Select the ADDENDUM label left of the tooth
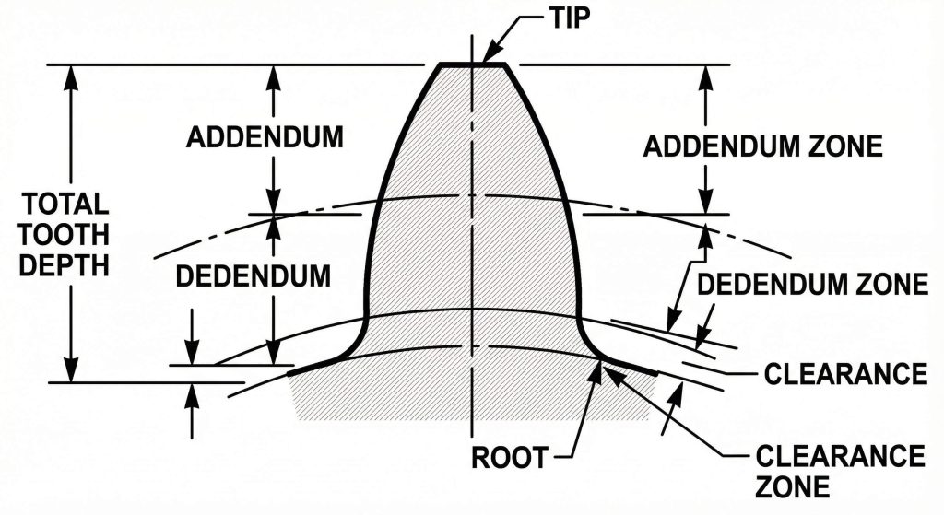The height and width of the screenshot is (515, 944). point(265,138)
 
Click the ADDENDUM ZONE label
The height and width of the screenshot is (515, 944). point(762,146)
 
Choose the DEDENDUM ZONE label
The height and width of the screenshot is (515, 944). point(811,285)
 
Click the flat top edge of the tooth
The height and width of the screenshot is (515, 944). point(472,64)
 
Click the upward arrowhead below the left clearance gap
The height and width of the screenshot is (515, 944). point(192,392)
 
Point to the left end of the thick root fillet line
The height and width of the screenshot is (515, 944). point(291,373)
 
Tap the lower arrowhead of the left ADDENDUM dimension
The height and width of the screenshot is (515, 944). point(273,205)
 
